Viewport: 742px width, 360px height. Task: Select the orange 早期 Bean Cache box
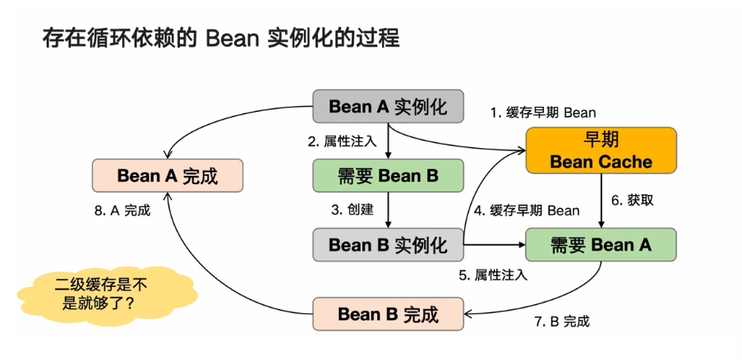(601, 150)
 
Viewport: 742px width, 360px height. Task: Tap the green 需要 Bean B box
(388, 176)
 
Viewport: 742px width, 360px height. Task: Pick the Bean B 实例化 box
(388, 244)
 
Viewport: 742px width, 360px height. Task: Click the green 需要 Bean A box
(601, 244)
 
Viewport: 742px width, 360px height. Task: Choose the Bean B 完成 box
(388, 314)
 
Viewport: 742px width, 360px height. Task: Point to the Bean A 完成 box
(168, 175)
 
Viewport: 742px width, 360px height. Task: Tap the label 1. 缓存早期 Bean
(543, 112)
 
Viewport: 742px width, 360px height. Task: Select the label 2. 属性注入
(342, 141)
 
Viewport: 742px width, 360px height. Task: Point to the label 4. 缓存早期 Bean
(527, 210)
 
